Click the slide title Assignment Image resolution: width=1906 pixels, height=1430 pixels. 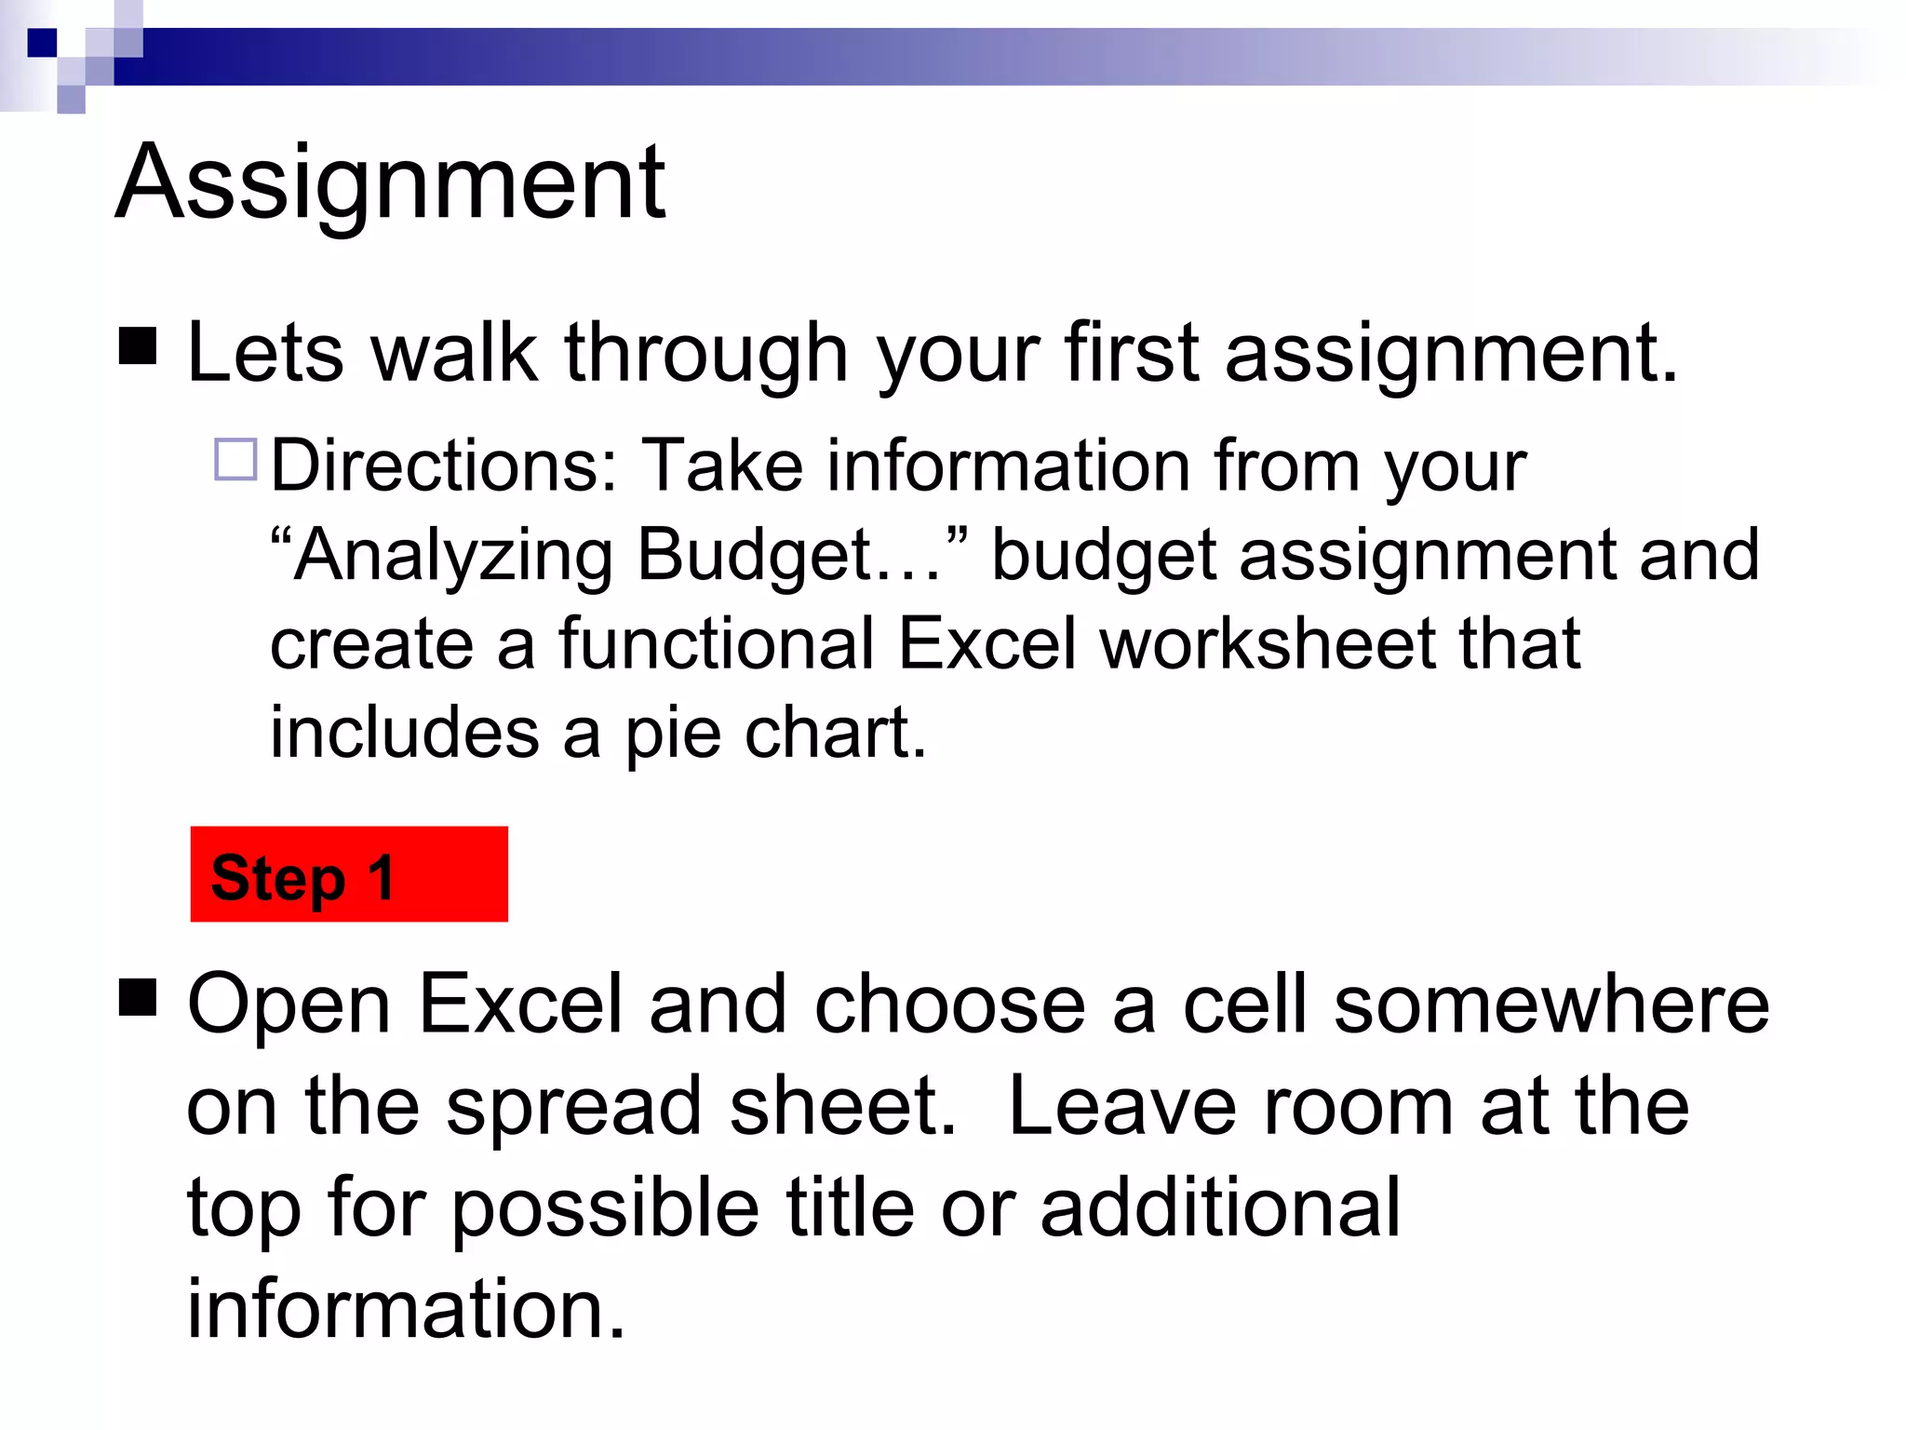[391, 182]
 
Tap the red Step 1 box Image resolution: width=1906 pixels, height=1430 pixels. [349, 874]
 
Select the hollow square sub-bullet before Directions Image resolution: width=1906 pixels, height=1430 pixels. [235, 459]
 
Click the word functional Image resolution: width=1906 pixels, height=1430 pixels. [717, 644]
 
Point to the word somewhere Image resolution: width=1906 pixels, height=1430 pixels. [1551, 1005]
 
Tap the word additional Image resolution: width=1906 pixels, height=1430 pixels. [1219, 1207]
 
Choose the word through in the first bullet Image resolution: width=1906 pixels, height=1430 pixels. [705, 355]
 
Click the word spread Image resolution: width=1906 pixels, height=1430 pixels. [573, 1108]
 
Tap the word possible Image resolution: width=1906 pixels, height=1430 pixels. [605, 1209]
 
